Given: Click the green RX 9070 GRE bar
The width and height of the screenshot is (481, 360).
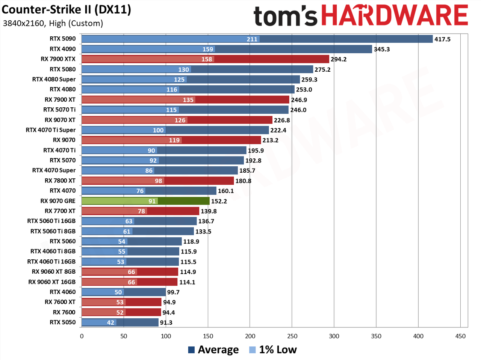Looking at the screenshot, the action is point(145,201).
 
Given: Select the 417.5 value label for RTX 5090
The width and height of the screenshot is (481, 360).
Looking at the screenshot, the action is point(442,39).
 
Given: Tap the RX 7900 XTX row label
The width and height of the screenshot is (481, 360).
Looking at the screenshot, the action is point(58,59).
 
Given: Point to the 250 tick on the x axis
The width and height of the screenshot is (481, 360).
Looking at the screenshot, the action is point(292,336).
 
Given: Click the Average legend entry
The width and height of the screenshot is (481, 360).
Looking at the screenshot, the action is point(213,350).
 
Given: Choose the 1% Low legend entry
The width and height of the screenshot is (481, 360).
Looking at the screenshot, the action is point(273,350).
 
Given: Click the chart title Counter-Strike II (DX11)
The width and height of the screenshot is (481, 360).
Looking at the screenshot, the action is point(66,10).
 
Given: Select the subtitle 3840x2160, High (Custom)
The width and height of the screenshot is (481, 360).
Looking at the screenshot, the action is point(53,23).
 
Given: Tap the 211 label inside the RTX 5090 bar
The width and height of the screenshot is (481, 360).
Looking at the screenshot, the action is point(252,39).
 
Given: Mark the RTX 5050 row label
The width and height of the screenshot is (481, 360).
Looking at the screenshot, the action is point(63,322).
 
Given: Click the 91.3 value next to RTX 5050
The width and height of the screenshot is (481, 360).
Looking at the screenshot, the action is point(166,322).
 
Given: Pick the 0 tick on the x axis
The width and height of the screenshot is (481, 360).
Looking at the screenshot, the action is point(82,336).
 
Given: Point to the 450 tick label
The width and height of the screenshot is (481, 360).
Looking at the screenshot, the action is point(460,336).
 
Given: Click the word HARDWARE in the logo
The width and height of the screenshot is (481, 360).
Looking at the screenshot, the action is point(395,15).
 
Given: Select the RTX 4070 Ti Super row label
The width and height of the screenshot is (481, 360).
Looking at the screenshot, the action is point(51,130).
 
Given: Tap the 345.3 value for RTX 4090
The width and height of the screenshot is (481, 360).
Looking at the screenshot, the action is point(382,49).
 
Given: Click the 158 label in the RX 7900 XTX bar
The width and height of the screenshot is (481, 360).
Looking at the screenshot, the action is point(207,59).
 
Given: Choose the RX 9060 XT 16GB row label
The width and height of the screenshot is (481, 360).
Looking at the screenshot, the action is point(52,282).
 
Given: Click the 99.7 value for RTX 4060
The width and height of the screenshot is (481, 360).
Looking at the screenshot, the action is point(173,292).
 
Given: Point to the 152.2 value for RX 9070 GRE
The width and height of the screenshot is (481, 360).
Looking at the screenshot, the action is point(219,201).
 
